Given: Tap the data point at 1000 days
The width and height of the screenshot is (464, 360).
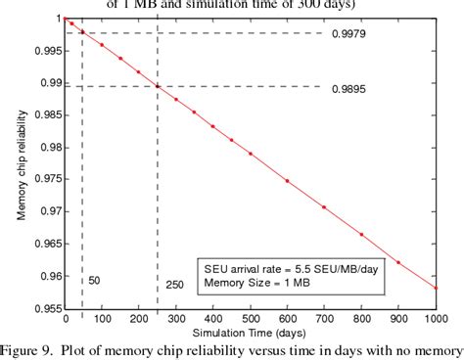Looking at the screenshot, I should (x=436, y=288).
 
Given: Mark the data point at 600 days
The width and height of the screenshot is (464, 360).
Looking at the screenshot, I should (x=287, y=181).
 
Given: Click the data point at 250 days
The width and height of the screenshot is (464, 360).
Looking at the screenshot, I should (x=157, y=86).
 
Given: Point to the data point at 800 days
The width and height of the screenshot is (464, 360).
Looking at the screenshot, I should (x=361, y=235).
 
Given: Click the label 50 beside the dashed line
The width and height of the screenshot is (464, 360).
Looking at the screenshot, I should (x=95, y=280).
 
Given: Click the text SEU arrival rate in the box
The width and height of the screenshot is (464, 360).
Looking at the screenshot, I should (x=255, y=268).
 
